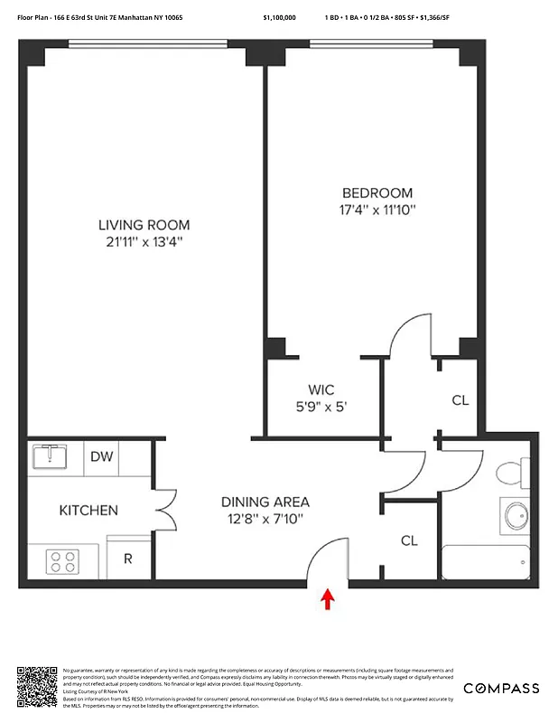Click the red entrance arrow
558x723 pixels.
pyautogui.click(x=328, y=599)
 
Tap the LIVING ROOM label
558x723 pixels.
pyautogui.click(x=144, y=225)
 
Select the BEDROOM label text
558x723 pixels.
pyautogui.click(x=377, y=192)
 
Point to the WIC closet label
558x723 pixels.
pyautogui.click(x=321, y=390)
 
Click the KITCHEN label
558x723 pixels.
pyautogui.click(x=88, y=511)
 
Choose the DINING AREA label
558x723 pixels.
pyautogui.click(x=266, y=502)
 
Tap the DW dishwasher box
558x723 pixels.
pyautogui.click(x=102, y=456)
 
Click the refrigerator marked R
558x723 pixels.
pyautogui.click(x=128, y=558)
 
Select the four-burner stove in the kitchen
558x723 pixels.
pyautogui.click(x=62, y=561)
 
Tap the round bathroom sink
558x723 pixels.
pyautogui.click(x=515, y=516)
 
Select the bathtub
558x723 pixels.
pyautogui.click(x=486, y=562)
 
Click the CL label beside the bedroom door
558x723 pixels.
pyautogui.click(x=460, y=400)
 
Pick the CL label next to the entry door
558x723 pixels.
pyautogui.click(x=409, y=540)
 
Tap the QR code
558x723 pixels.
pyautogui.click(x=37, y=688)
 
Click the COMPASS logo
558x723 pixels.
pyautogui.click(x=501, y=689)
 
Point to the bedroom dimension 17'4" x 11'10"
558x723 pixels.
pyautogui.click(x=377, y=210)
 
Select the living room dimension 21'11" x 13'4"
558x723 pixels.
pyautogui.click(x=144, y=242)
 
